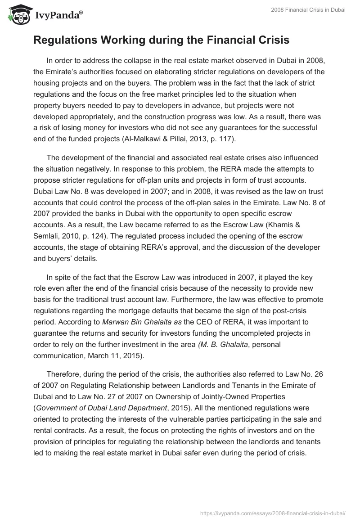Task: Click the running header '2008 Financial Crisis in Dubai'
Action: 308,10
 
